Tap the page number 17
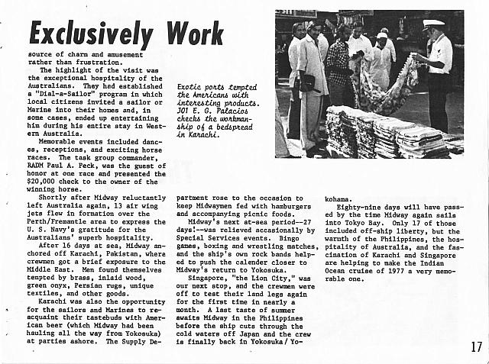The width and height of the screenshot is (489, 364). [x=476, y=347]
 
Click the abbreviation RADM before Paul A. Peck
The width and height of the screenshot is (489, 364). [x=48, y=165]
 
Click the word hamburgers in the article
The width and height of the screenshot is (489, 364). [x=290, y=206]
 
